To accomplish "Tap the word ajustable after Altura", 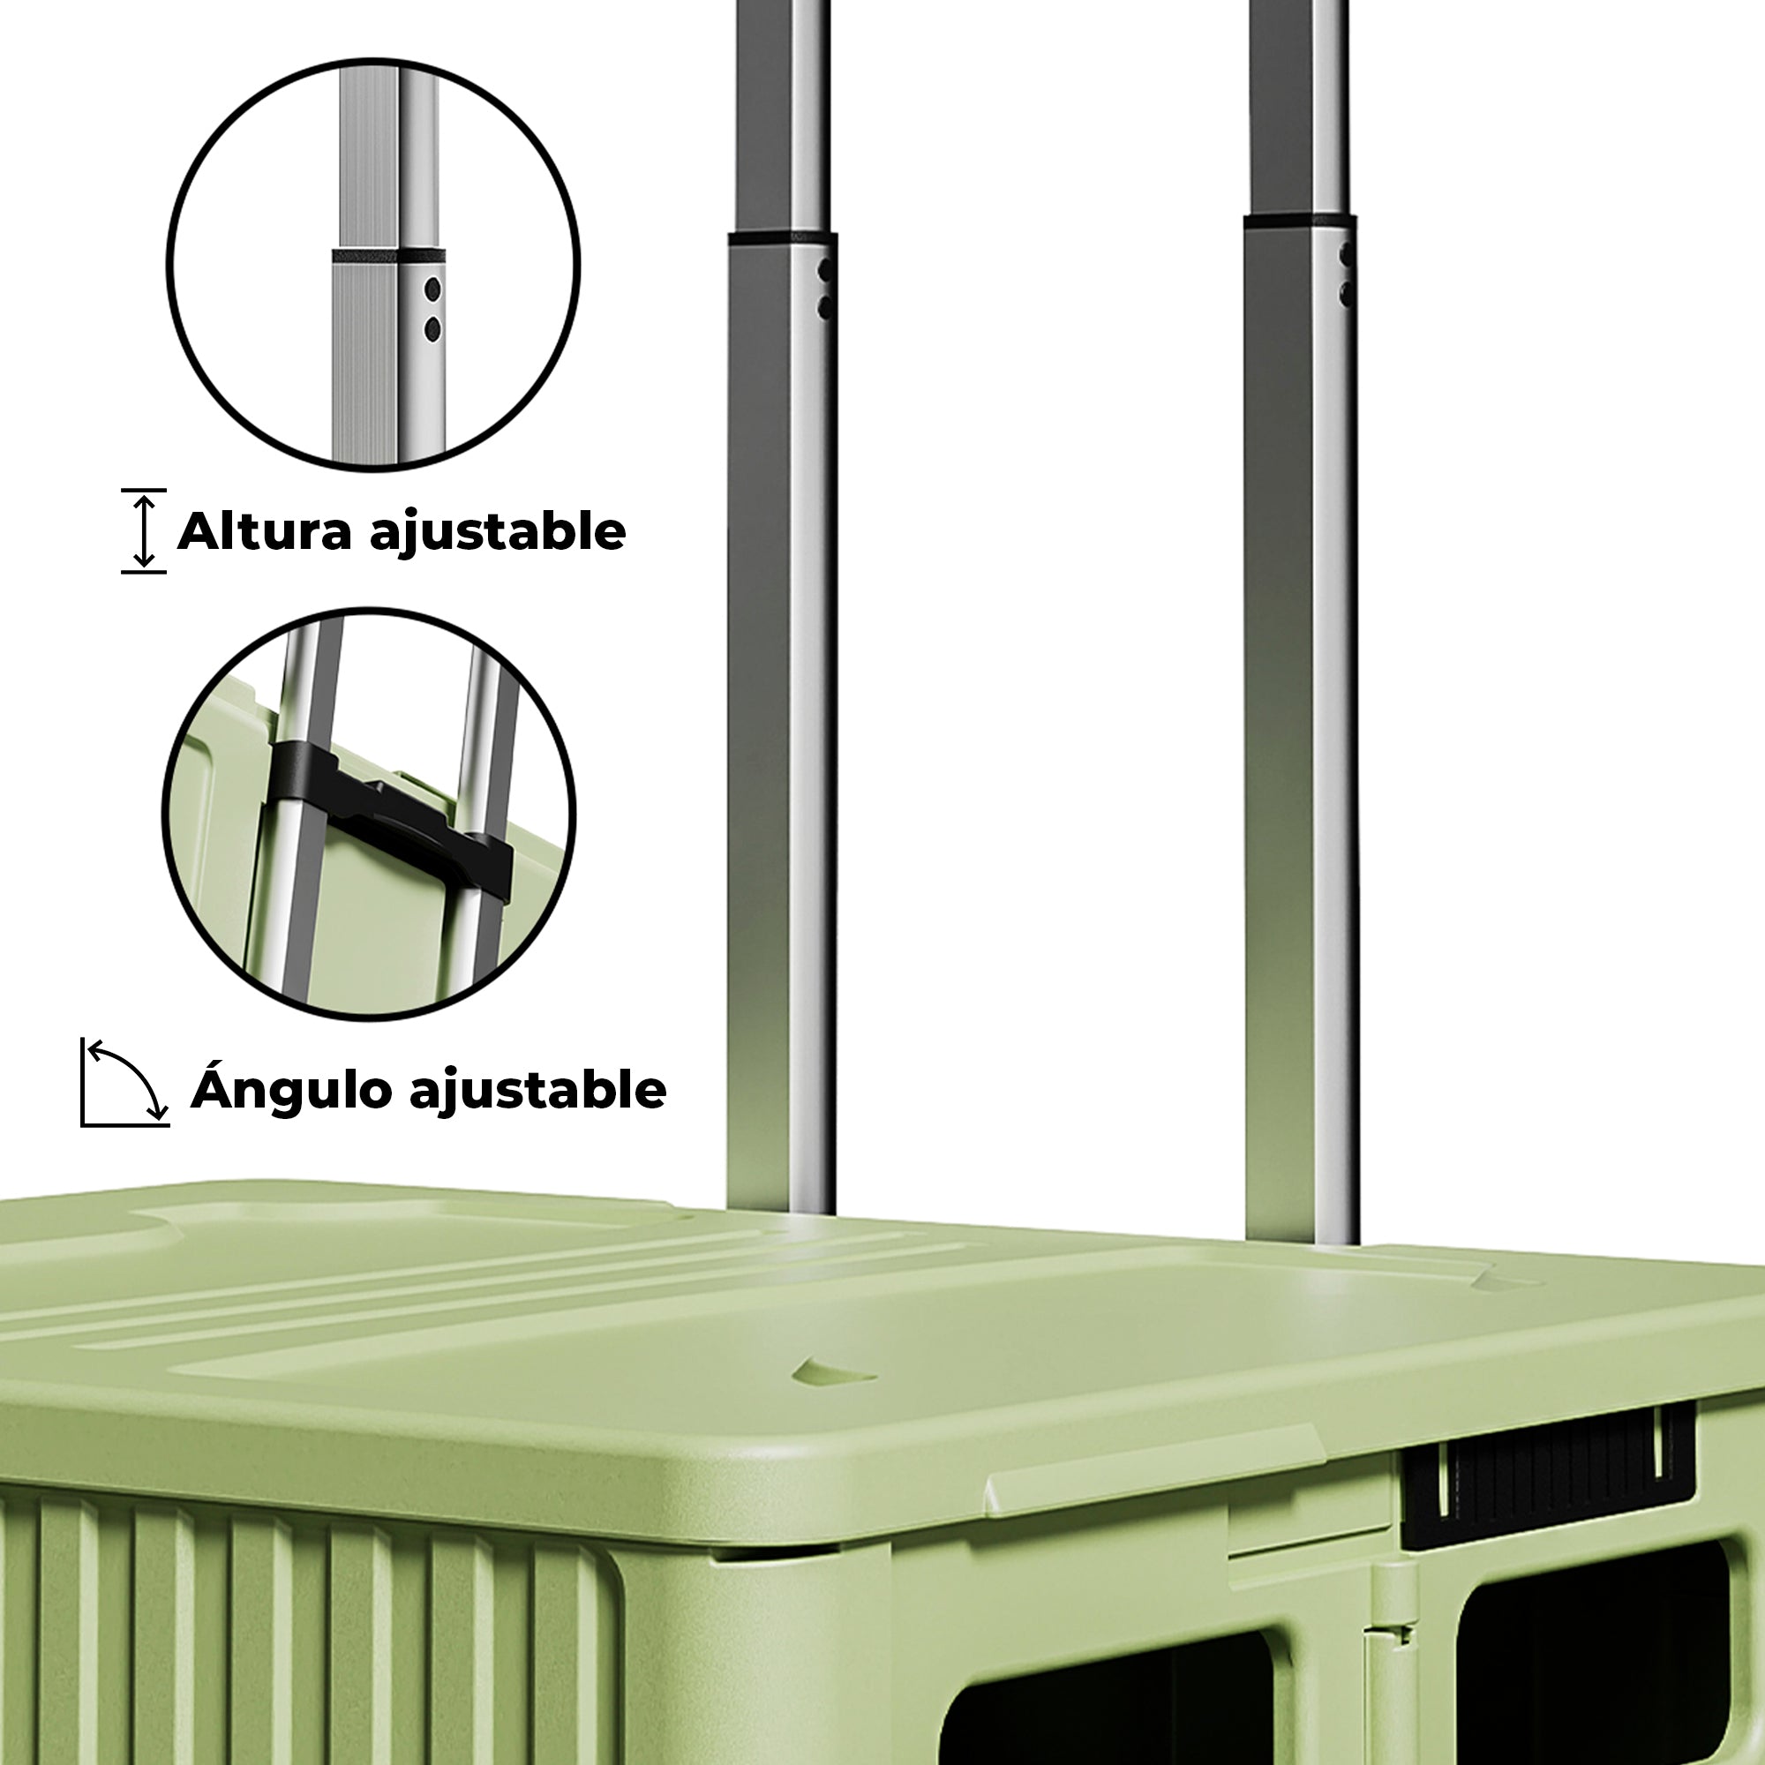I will click(x=498, y=533).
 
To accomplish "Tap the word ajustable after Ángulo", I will click(x=538, y=1091).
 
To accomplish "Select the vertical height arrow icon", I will click(x=144, y=530).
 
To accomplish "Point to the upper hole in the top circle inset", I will click(x=433, y=290).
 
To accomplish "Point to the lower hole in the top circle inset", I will click(x=433, y=329).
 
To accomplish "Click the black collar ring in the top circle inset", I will click(x=387, y=256).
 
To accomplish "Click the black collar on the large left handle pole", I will click(x=782, y=237).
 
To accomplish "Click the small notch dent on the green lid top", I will click(x=832, y=1371).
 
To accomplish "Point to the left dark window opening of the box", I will click(x=1106, y=1699).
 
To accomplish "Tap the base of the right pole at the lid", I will click(x=1302, y=1234).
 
